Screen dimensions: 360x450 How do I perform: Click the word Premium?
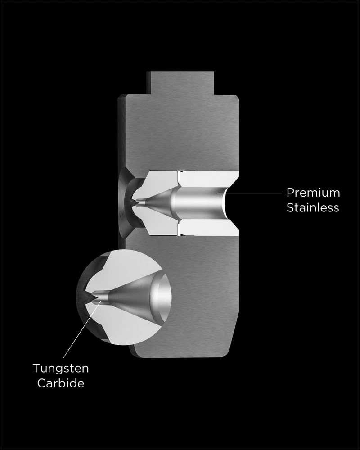pos(313,193)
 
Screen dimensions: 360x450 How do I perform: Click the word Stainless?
pos(313,207)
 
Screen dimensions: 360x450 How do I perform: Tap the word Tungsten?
pos(61,369)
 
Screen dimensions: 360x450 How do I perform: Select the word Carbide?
pos(61,383)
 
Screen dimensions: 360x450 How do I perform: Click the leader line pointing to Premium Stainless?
pos(249,193)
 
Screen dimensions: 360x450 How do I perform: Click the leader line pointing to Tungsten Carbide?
pos(82,329)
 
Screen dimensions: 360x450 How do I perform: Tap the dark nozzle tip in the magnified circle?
pos(88,297)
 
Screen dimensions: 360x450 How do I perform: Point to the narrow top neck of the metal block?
pos(180,83)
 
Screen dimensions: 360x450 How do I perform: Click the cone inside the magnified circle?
pos(129,296)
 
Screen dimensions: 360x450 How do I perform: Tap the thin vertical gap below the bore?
pos(178,228)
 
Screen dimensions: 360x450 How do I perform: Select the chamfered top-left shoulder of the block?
pos(121,98)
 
